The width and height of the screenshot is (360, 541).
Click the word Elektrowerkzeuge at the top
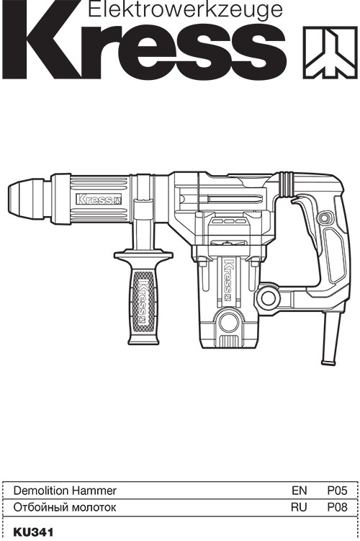point(186,9)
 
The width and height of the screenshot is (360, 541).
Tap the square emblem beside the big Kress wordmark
point(330,53)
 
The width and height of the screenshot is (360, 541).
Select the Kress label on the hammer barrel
point(99,199)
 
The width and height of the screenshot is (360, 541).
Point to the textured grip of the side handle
point(143,302)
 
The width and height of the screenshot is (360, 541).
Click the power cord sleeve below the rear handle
point(330,337)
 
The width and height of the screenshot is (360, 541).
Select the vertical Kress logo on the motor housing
point(228,280)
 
